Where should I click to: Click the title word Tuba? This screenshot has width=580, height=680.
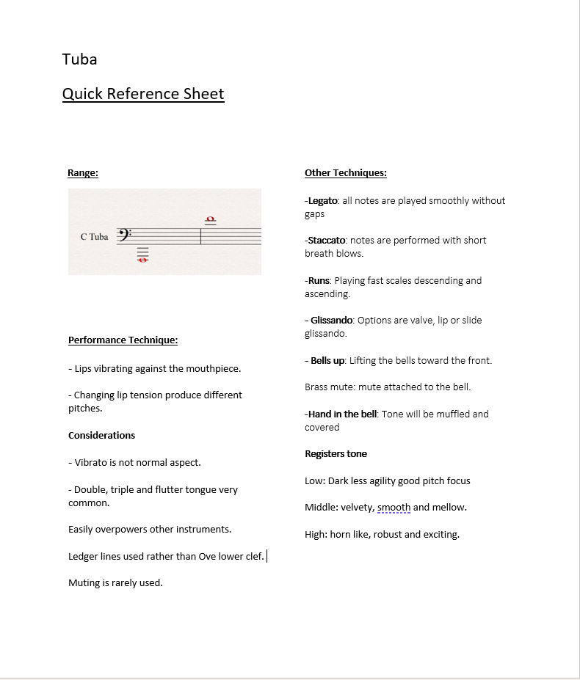click(x=79, y=59)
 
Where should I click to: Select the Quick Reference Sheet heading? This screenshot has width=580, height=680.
click(x=143, y=94)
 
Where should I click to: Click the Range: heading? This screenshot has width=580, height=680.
click(x=83, y=173)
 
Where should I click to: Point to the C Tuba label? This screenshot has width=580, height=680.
click(x=94, y=237)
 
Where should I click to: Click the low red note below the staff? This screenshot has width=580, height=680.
click(x=142, y=258)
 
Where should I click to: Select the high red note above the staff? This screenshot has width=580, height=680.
click(x=211, y=219)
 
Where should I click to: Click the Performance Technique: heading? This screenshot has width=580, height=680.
click(x=123, y=340)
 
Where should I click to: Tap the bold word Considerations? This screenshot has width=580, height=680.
click(x=101, y=436)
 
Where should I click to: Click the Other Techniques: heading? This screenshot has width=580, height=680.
click(x=345, y=173)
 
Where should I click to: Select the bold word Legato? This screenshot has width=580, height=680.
click(x=323, y=201)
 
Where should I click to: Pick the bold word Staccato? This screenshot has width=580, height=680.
click(x=326, y=241)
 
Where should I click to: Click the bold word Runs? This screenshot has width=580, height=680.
click(x=319, y=281)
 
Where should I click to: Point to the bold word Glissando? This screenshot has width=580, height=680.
click(x=332, y=321)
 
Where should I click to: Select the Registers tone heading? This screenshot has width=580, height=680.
click(x=336, y=454)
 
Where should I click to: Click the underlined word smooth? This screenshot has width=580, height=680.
click(x=394, y=508)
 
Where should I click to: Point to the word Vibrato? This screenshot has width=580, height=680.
click(x=92, y=463)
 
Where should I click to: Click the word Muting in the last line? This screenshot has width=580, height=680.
click(x=84, y=583)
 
